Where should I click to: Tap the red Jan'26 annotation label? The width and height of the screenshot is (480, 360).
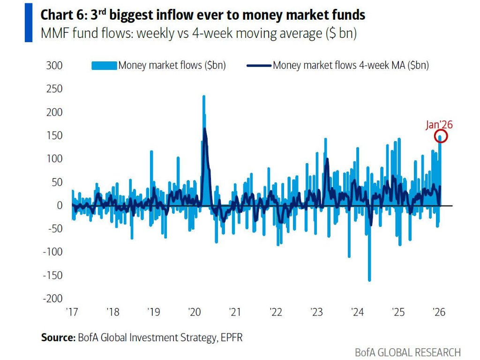click(x=439, y=125)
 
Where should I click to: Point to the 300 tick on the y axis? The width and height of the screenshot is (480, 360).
click(x=55, y=66)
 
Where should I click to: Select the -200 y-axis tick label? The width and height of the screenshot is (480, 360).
click(x=53, y=299)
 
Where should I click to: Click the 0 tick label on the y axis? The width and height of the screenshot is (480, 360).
click(x=60, y=205)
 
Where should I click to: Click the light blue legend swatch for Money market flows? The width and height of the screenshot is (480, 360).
click(x=104, y=66)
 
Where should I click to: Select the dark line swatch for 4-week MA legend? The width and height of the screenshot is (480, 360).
click(x=259, y=66)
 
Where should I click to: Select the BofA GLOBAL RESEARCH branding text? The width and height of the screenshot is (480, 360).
click(x=408, y=352)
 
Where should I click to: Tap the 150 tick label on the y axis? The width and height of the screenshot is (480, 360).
click(x=55, y=135)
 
